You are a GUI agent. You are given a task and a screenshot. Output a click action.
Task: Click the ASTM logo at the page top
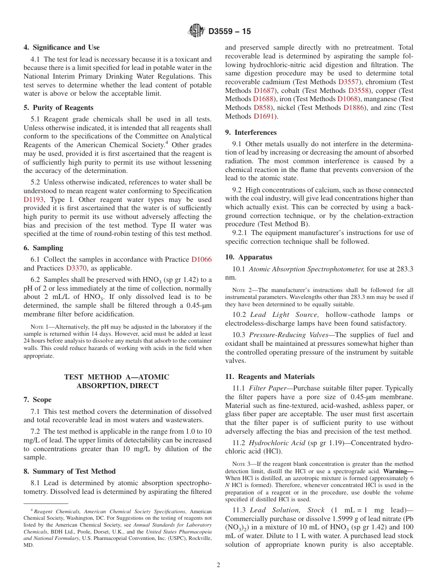(196, 31)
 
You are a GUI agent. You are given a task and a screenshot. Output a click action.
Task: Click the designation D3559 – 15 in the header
(230, 32)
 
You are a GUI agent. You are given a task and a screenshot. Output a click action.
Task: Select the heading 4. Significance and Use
(62, 47)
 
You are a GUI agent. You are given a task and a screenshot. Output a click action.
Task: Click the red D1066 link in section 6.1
(201, 259)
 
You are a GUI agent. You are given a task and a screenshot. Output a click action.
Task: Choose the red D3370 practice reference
(76, 268)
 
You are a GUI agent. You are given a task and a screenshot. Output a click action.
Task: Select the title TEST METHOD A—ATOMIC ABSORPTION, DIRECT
(117, 381)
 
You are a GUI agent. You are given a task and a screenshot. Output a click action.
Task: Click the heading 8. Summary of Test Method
(69, 471)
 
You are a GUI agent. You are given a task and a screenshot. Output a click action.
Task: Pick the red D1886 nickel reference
(356, 108)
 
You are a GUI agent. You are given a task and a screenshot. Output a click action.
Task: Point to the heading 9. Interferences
(251, 132)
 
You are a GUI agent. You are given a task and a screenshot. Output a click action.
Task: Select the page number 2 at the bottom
(218, 565)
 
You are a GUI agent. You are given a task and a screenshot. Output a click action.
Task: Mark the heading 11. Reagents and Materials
(270, 377)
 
